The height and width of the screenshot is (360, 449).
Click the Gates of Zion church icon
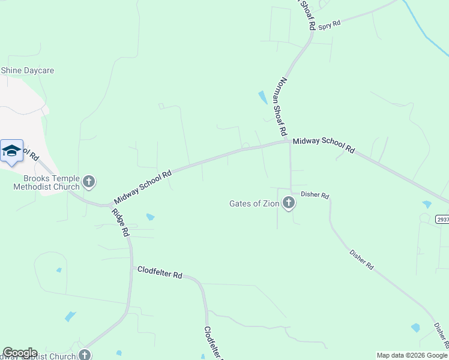[x=289, y=203]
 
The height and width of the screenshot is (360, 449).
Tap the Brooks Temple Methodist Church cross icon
[x=89, y=181]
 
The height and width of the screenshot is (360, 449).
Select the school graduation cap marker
[x=11, y=151]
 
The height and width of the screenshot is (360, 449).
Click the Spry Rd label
[x=330, y=25]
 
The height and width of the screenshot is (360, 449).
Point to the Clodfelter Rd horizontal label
[x=160, y=273]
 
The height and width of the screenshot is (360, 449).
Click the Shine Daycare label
[x=28, y=71]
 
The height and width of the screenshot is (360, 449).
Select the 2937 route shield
[x=442, y=220]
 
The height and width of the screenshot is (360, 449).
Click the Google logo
[x=20, y=352]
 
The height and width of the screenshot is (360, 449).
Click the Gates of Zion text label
[x=255, y=203]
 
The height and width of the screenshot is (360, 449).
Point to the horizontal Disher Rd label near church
[x=315, y=195]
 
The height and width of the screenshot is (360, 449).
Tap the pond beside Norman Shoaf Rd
[x=262, y=97]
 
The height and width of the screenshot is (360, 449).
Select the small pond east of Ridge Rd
[x=150, y=217]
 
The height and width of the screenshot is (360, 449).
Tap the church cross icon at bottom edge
[x=85, y=355]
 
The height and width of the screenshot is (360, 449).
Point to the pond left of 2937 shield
[x=427, y=205]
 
